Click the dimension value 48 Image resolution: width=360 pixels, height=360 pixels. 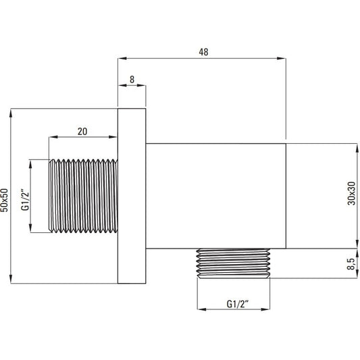[x=204, y=52]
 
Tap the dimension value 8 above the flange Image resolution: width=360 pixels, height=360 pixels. [x=132, y=80]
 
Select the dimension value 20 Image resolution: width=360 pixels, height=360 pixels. [x=82, y=132]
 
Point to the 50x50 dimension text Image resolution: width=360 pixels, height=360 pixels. [x=5, y=200]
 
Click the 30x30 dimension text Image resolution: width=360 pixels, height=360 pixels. [x=351, y=193]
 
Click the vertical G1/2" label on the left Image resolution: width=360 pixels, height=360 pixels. [x=25, y=199]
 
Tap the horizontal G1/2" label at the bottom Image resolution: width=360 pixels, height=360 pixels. [x=238, y=304]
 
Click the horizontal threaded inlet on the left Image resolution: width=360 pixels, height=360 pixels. [x=83, y=196]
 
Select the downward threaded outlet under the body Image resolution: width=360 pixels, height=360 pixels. [x=233, y=263]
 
